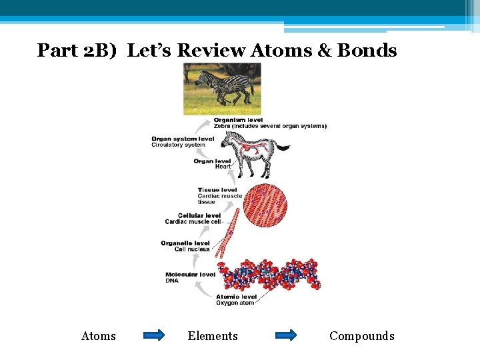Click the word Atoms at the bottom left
point(98,336)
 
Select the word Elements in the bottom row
point(213,336)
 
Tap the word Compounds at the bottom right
point(362,336)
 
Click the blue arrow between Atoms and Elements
point(153,335)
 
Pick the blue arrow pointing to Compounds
point(286,335)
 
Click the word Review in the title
point(213,50)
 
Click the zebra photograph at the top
point(222,89)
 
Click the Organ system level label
point(183,141)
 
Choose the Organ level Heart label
point(213,163)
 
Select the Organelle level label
point(185,246)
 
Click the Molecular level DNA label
point(190,277)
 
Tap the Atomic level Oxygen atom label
point(236,299)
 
